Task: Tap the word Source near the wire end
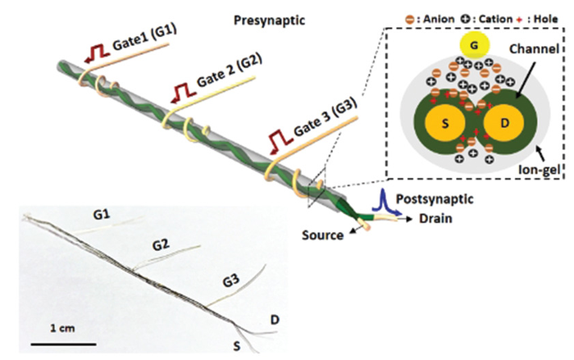(x=322, y=235)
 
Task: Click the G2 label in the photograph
(x=163, y=244)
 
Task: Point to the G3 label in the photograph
(x=230, y=282)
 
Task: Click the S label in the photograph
(x=238, y=345)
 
